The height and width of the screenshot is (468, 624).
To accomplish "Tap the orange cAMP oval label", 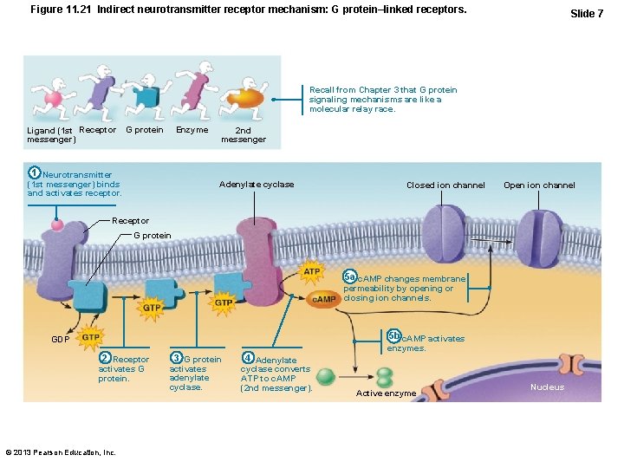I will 324,298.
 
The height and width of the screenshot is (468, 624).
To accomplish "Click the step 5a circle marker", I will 349,276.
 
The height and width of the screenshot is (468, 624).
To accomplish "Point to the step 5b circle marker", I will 394,337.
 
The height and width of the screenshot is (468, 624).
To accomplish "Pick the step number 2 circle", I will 105,358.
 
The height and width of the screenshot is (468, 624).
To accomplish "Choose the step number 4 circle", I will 248,358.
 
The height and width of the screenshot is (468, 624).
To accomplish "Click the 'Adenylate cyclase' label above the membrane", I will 257,184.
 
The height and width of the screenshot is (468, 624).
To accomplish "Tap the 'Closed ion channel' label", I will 445,185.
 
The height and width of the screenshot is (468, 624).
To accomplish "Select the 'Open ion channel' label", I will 539,185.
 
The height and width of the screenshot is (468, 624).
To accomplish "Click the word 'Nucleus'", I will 547,387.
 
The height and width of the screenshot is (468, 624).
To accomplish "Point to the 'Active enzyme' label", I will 387,393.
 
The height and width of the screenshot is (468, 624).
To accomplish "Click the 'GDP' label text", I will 60,340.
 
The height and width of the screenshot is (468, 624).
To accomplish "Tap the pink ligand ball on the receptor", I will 57,225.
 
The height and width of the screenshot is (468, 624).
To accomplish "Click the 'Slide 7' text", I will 587,14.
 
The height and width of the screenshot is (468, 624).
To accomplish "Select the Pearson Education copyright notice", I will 61,452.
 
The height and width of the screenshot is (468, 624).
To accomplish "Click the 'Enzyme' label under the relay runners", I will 192,130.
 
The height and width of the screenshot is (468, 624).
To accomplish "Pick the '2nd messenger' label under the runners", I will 244,135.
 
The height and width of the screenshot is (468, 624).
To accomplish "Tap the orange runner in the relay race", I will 246,95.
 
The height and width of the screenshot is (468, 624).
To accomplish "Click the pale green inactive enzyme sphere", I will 326,376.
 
